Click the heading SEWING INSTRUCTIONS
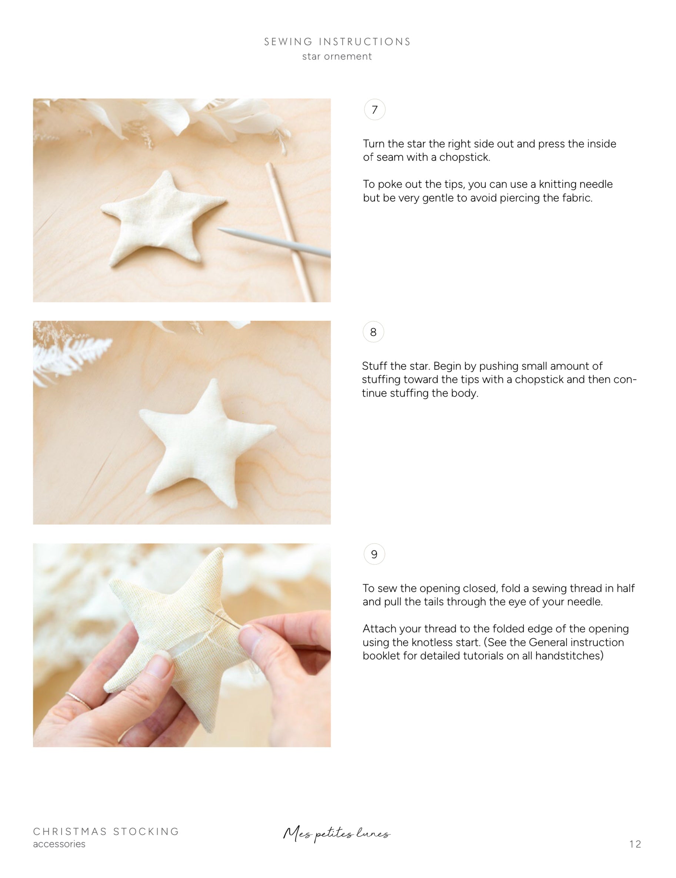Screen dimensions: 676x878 coord(337,42)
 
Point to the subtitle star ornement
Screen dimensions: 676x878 coord(337,57)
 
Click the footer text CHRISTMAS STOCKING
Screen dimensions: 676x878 coord(106,832)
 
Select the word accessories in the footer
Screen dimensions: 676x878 coord(59,844)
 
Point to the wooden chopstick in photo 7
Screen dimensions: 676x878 coord(289,232)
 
